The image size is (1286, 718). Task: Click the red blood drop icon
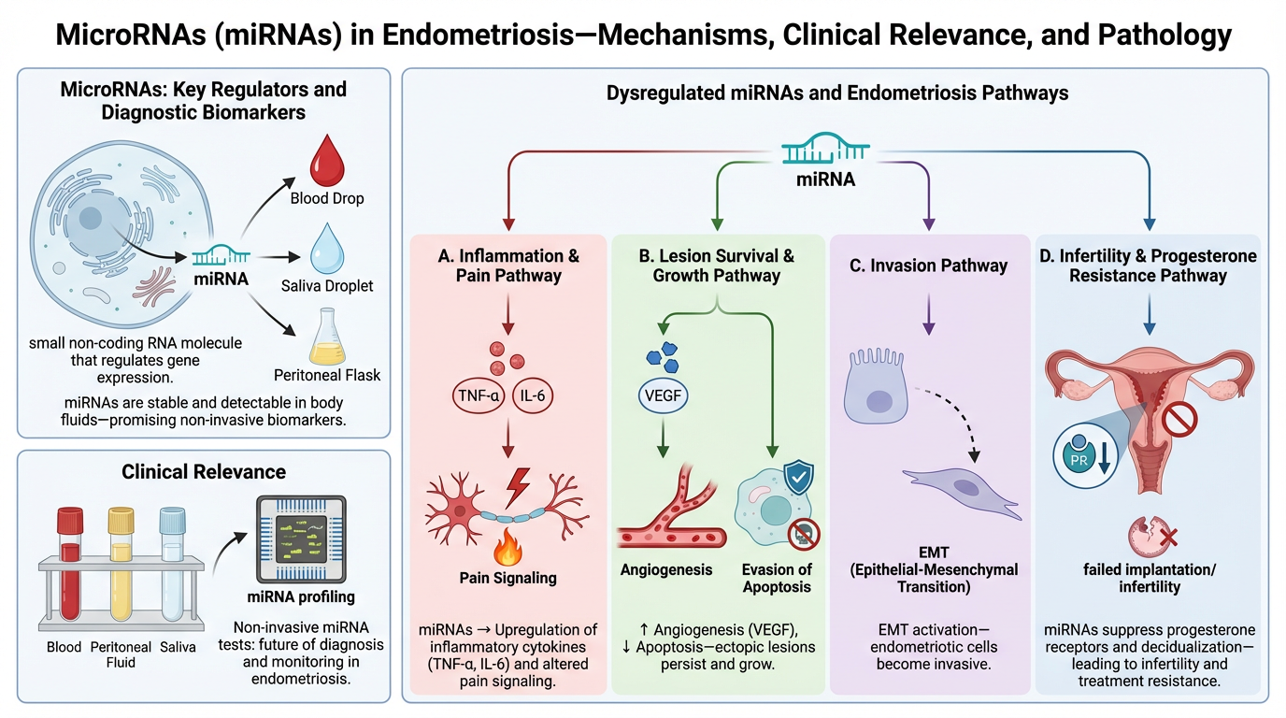328,159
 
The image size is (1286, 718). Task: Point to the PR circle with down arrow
1084,452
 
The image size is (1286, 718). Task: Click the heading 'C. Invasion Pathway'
929,266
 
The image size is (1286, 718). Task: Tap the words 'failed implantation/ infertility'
1149,579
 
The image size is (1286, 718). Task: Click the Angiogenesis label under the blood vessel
666,569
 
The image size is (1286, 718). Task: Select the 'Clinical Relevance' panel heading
203,471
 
